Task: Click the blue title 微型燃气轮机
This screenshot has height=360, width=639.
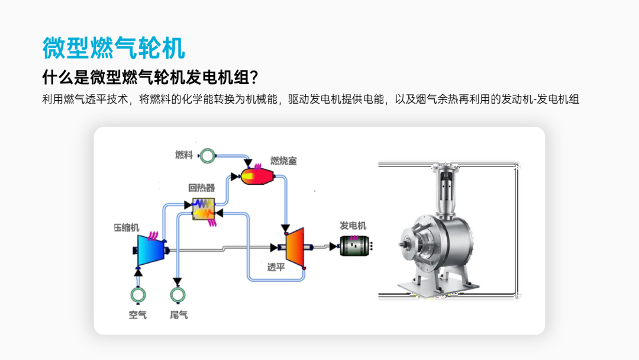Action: [114, 47]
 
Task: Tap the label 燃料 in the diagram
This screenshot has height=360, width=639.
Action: [184, 155]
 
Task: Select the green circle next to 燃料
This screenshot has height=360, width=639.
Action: [207, 156]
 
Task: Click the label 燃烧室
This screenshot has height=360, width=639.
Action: [283, 160]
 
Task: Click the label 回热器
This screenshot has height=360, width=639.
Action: [201, 188]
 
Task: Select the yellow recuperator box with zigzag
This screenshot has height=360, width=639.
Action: [204, 209]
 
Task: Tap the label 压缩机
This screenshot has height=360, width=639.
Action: [127, 227]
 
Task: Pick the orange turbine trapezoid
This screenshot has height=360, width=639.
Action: [295, 246]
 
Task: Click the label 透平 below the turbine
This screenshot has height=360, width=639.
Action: [276, 267]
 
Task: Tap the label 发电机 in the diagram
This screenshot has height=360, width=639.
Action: [353, 226]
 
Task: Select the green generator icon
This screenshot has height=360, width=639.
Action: [355, 246]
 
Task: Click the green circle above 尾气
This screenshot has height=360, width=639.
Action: [177, 294]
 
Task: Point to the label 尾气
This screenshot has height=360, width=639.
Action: [179, 315]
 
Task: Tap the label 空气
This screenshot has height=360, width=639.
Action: [138, 315]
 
